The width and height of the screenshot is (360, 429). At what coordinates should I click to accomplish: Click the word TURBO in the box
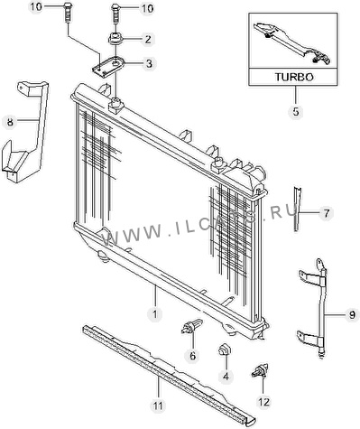coord(294,77)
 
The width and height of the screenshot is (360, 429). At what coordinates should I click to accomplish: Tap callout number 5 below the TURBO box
coord(296,112)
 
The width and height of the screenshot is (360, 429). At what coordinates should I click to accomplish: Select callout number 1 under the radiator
coord(155,314)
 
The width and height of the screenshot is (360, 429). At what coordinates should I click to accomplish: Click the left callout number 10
coord(36,6)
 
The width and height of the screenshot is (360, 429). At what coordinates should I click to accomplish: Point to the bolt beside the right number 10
coord(115,13)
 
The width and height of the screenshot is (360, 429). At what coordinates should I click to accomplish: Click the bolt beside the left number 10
coord(67,12)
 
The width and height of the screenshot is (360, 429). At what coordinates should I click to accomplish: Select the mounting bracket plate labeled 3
coord(107,66)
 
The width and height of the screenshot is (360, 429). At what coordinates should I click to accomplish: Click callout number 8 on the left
coord(10,123)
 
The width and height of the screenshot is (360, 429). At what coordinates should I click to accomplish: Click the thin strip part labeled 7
coord(298,210)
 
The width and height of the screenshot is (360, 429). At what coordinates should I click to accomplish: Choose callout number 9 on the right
coord(352,315)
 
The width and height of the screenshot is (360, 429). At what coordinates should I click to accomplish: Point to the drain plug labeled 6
coord(191,327)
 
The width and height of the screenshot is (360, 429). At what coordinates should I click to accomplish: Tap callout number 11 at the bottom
coord(158,406)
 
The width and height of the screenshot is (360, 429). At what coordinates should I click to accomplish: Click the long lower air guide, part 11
coord(169,373)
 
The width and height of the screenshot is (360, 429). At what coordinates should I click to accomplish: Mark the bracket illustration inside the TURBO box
coord(292,42)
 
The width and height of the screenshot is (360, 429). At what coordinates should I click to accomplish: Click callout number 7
coord(327,213)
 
